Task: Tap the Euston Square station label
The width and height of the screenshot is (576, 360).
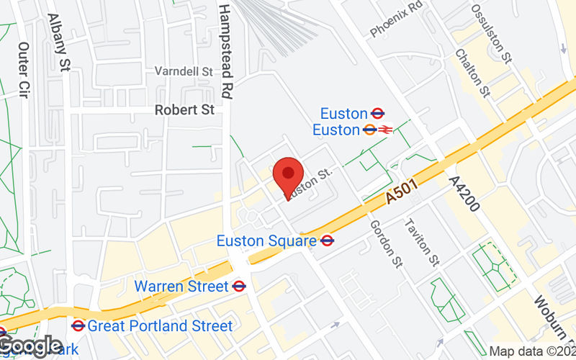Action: tap(266, 240)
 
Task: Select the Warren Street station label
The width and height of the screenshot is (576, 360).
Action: tap(181, 287)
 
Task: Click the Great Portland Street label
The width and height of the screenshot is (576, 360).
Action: tap(160, 326)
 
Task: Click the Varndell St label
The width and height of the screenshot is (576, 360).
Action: tap(184, 71)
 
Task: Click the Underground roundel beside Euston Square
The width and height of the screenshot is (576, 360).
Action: tap(328, 240)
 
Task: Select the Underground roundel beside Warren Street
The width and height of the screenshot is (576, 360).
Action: tap(240, 287)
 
